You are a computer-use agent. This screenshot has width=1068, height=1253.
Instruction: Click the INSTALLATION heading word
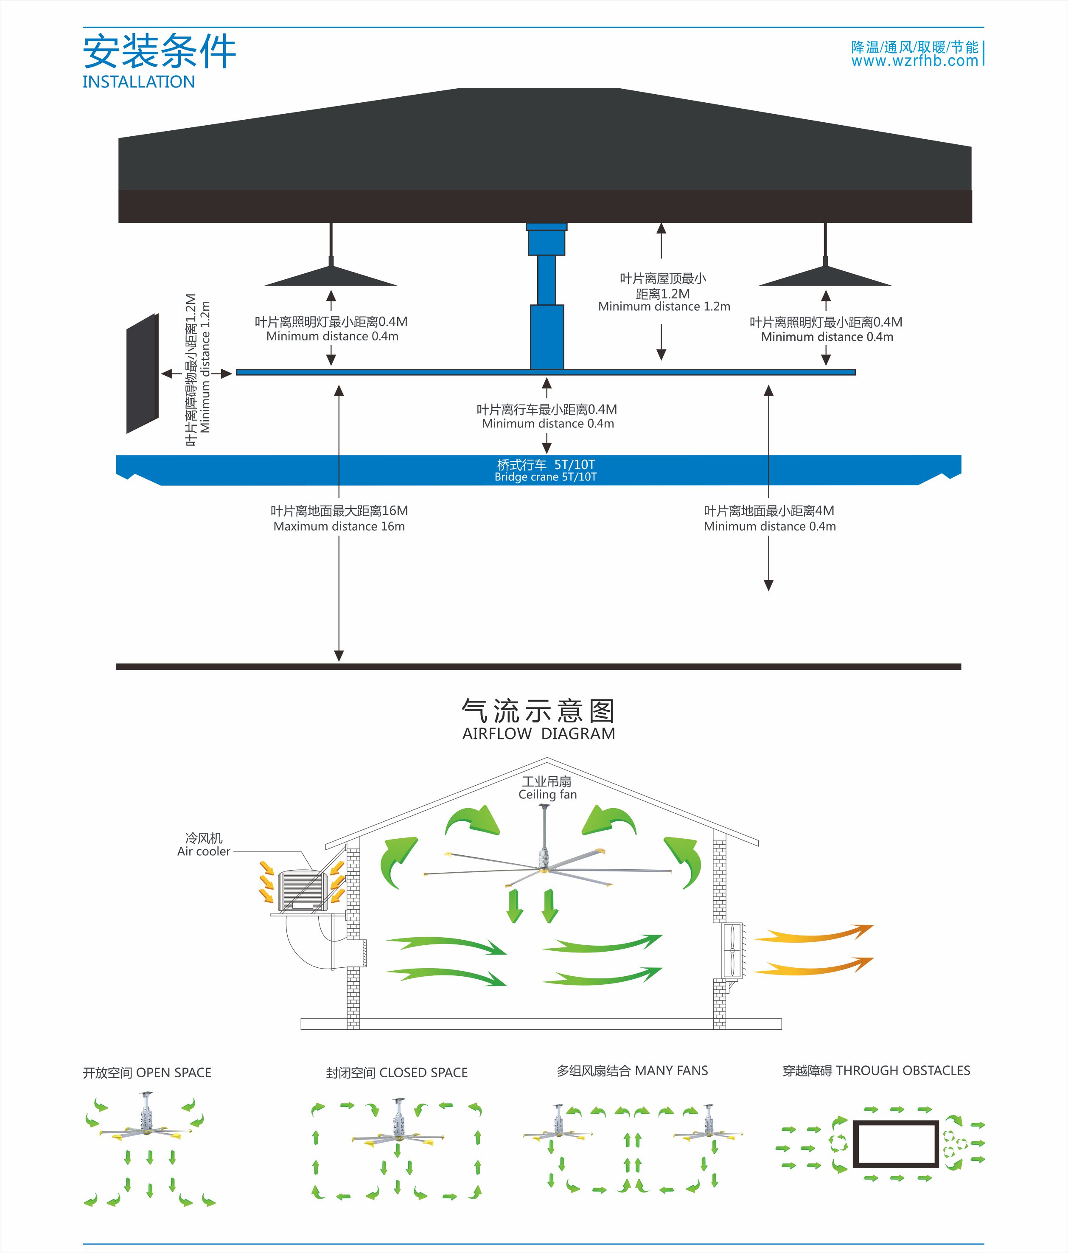click(138, 82)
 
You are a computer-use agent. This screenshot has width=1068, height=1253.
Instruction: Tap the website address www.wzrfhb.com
click(914, 61)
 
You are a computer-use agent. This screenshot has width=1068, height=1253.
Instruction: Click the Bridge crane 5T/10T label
click(545, 477)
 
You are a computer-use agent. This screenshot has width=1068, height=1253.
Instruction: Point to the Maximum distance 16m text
click(339, 526)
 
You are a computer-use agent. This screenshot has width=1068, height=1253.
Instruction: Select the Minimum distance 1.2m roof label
click(664, 306)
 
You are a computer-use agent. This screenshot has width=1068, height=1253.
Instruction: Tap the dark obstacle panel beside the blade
click(142, 373)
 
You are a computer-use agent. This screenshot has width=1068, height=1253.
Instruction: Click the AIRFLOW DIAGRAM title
click(538, 733)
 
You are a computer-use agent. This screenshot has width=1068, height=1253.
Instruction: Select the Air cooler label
click(204, 851)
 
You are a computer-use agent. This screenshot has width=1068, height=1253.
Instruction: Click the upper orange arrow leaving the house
click(813, 934)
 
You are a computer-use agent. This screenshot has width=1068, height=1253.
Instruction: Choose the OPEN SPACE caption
click(147, 1073)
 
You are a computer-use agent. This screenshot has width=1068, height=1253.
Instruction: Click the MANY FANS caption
click(632, 1070)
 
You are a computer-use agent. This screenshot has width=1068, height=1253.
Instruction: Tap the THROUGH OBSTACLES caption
click(876, 1070)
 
